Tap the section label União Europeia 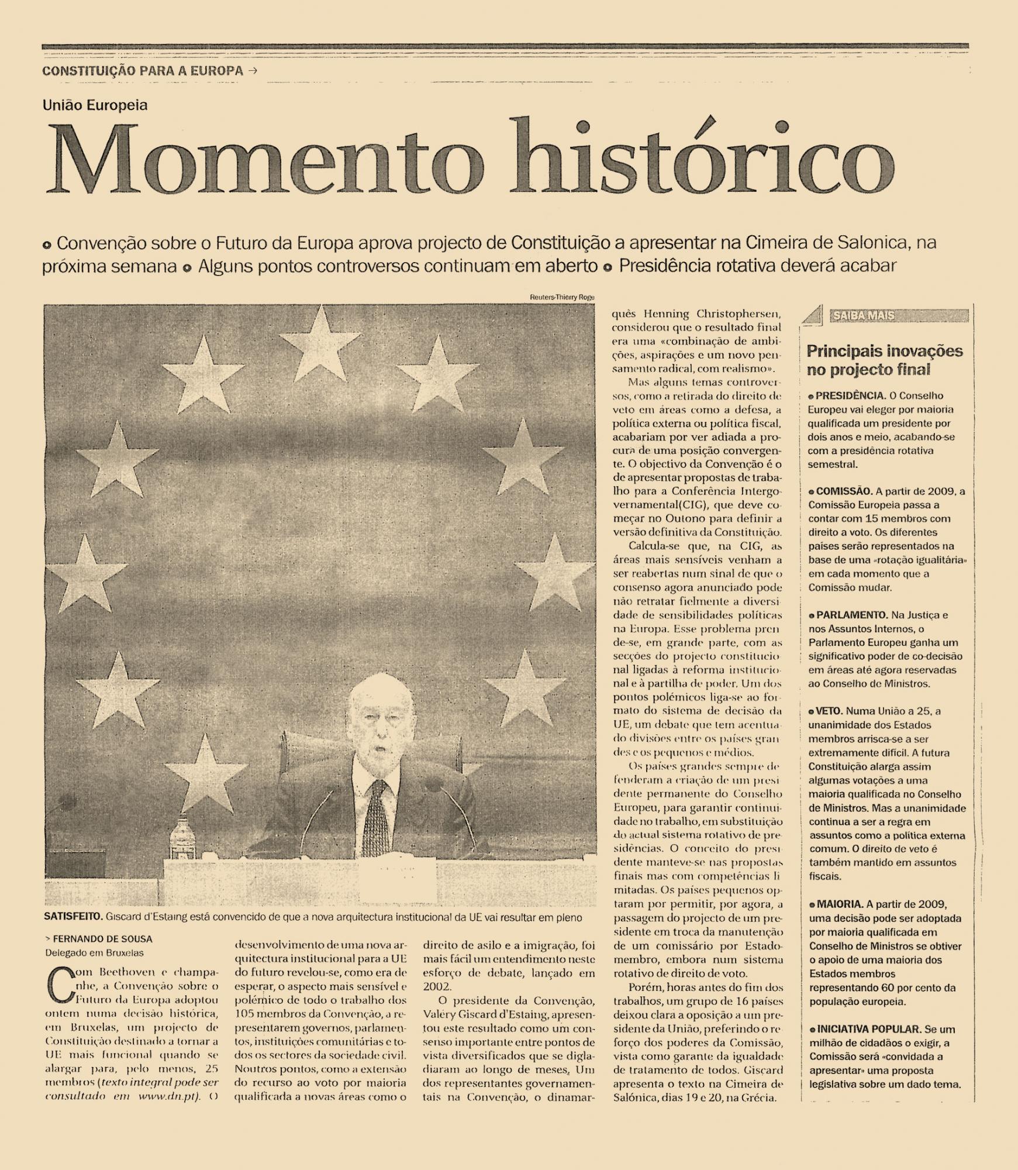pos(95,105)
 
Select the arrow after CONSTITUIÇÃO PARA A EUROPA pos(252,71)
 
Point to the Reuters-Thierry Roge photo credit pos(561,297)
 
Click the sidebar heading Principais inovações pos(884,352)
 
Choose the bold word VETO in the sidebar pos(829,711)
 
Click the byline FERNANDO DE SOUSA pos(102,939)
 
